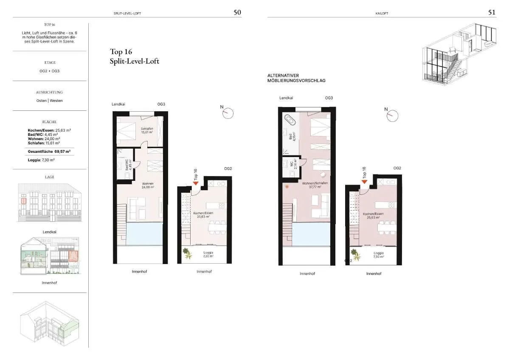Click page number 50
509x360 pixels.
237,12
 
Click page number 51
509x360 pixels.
492,12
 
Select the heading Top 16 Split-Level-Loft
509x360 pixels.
135,56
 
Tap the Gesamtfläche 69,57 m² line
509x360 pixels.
49,152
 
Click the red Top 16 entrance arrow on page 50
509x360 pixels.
195,183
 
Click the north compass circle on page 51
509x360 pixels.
392,116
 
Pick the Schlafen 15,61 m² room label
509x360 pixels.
147,130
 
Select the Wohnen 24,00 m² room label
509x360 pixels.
148,186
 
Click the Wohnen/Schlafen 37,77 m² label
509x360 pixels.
315,185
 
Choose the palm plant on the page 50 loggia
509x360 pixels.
187,253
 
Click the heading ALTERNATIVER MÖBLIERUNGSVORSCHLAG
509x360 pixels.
296,78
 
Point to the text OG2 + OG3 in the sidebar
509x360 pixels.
50,71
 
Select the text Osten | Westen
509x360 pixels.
50,101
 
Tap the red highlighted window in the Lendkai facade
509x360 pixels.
24,201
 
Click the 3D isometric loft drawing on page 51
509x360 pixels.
459,54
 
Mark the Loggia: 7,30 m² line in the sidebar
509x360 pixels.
41,160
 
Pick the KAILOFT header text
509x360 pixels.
382,14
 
